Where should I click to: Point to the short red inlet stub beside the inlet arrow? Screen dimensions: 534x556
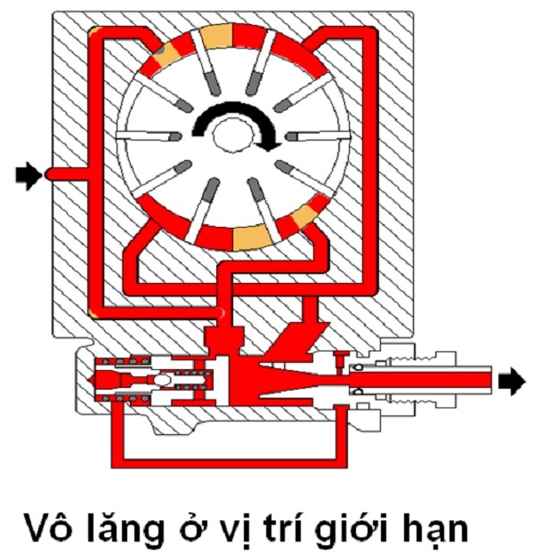(x=67, y=173)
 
